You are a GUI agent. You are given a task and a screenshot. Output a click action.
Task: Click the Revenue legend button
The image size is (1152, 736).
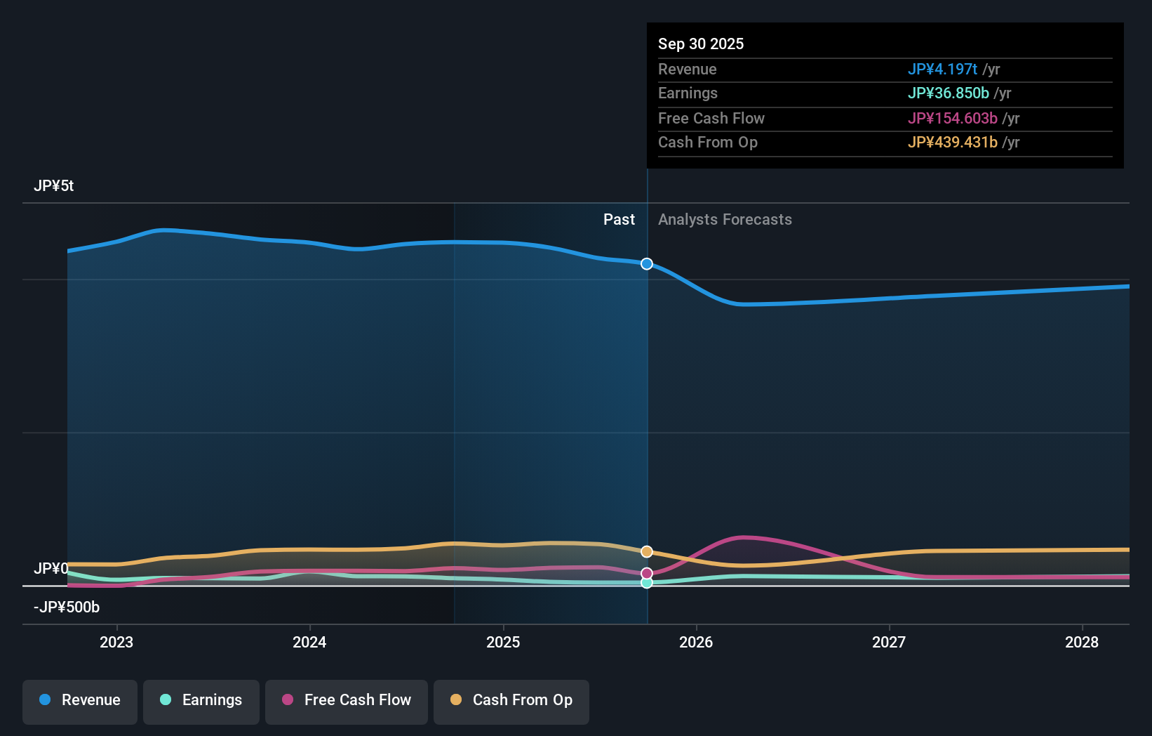point(80,700)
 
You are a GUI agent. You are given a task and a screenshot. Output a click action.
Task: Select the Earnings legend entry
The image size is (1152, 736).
point(201,700)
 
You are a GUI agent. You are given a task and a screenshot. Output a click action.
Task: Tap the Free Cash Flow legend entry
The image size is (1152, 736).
point(347,700)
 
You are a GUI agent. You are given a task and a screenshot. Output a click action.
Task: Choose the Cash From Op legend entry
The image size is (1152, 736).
point(511,700)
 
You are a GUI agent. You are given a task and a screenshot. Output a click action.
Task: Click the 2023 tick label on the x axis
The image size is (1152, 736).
point(116,642)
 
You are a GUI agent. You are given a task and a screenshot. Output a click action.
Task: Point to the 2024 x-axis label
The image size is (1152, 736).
point(309,642)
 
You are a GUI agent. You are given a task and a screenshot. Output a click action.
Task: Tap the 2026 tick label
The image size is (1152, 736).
point(696,642)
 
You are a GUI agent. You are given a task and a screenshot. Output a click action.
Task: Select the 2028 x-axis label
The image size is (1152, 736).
point(1082,642)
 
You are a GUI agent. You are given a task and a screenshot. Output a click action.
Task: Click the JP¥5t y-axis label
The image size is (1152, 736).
point(54,186)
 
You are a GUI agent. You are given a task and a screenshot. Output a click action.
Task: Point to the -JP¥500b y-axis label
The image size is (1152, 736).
point(67,607)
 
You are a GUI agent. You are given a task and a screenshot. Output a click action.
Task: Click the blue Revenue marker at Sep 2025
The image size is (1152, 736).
point(647,264)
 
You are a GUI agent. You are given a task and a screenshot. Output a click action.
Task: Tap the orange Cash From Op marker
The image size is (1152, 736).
point(647,552)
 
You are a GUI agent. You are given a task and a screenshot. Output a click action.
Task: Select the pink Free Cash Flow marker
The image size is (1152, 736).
point(647,574)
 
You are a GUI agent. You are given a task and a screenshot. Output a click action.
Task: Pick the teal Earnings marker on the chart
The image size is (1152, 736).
point(647,583)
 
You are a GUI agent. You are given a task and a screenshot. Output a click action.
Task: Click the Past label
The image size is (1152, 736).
point(619,220)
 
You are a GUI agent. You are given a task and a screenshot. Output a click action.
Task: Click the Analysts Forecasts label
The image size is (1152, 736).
point(725,220)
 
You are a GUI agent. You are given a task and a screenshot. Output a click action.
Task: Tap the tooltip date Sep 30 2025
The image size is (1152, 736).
point(701,44)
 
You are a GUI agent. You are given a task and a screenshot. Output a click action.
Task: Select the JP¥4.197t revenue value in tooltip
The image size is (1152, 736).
point(942,70)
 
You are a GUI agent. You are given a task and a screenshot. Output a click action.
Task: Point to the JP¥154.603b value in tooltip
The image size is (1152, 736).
point(952,119)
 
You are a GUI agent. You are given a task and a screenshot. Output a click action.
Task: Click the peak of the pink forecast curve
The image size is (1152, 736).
point(744,538)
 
